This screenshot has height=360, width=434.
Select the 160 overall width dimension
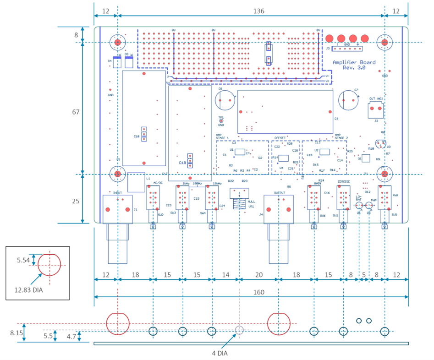click(251, 292)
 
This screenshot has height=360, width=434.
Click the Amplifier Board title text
click(354, 62)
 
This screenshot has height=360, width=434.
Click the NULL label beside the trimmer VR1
click(251, 202)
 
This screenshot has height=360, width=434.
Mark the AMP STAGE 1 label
click(222, 136)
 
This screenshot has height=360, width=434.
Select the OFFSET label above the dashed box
click(280, 137)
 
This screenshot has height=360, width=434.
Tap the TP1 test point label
click(221, 118)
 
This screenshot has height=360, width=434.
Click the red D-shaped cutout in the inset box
click(49, 265)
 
